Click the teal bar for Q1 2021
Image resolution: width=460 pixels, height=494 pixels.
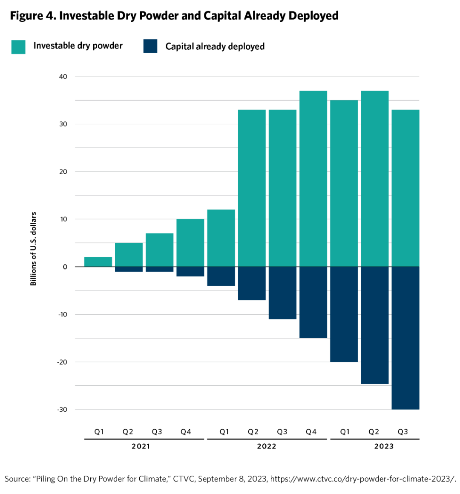[x=98, y=262]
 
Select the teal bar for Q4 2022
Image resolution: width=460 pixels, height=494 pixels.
[x=313, y=179]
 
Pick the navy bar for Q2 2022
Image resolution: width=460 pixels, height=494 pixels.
[x=252, y=283]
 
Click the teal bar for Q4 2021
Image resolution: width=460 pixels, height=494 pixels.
[x=190, y=243]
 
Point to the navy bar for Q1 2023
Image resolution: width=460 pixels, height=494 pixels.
[x=344, y=314]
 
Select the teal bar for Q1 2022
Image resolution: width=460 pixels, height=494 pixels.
[x=221, y=238]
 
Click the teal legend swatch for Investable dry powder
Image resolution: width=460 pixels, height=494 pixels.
[x=18, y=46]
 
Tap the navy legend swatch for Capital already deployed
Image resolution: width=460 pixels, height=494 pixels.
[x=150, y=46]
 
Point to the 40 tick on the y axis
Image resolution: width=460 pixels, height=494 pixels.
[x=63, y=77]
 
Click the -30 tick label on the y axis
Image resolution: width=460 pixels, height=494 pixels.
[x=62, y=410]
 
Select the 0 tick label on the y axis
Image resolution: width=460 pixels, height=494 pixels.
[x=65, y=267]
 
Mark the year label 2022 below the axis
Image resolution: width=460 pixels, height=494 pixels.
[x=267, y=446]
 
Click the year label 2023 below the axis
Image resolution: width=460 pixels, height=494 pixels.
[x=384, y=446]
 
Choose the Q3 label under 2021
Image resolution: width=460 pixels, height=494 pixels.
[x=157, y=432]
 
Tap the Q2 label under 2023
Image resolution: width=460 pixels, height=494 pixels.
[x=374, y=432]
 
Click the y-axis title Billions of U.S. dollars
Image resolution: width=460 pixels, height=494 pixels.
[x=34, y=249]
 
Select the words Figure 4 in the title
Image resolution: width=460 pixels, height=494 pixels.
[x=32, y=16]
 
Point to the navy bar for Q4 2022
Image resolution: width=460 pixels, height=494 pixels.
[x=313, y=302]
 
